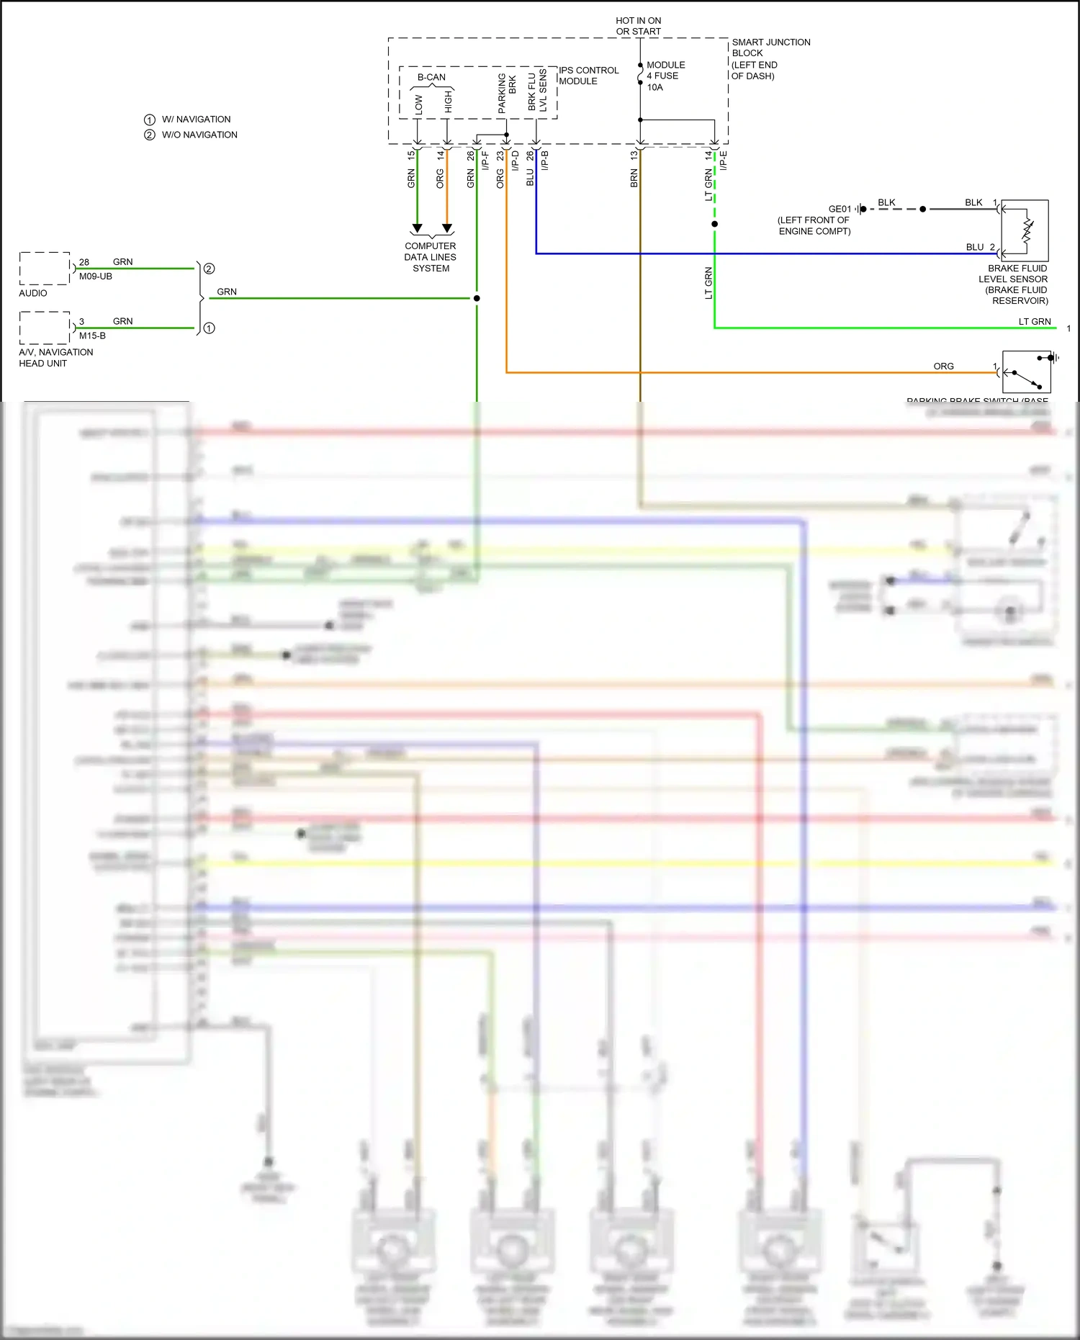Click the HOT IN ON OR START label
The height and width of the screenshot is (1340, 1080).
638,26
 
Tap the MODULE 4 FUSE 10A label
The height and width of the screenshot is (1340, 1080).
665,76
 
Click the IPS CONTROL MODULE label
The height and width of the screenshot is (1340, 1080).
588,76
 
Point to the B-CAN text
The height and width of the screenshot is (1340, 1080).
431,77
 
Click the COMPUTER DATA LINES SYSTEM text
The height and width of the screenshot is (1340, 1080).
431,257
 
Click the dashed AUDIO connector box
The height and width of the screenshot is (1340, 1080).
45,269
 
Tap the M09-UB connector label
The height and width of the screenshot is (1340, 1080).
96,276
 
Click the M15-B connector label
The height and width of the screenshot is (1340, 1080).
92,336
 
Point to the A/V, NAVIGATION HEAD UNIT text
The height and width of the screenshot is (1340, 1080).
55,358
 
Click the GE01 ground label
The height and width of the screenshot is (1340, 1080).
840,209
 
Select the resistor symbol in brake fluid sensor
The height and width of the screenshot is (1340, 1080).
1027,230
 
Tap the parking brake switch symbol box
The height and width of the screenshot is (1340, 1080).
1026,372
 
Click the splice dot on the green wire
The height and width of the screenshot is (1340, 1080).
477,298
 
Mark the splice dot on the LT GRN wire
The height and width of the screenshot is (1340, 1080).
714,224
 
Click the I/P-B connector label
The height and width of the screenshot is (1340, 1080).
545,160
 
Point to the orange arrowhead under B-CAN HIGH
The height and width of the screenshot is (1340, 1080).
447,229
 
